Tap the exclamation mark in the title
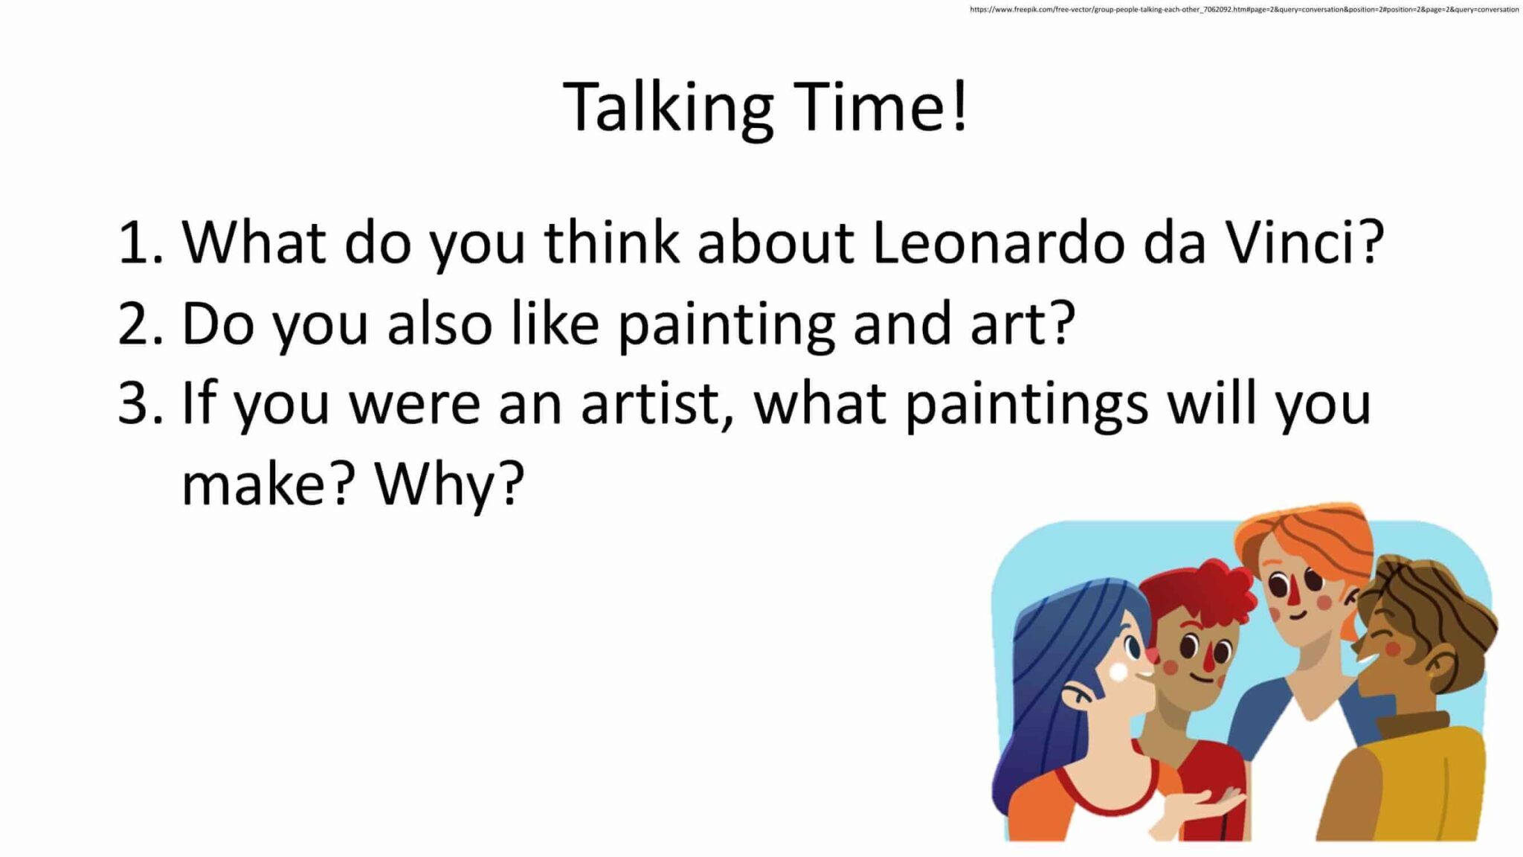click(959, 106)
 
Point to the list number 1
click(141, 242)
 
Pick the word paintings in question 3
click(1026, 405)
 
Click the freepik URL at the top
click(1244, 10)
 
